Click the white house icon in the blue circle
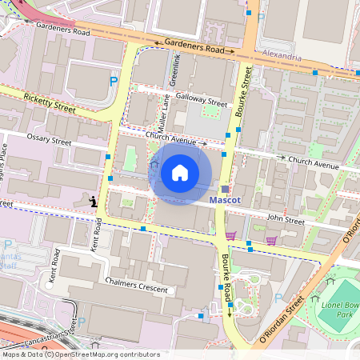pyautogui.click(x=180, y=172)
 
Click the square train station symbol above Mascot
pyautogui.click(x=225, y=189)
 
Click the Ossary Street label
pyautogui.click(x=49, y=138)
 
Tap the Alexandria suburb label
pyautogui.click(x=282, y=58)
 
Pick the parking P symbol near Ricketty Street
pyautogui.click(x=113, y=81)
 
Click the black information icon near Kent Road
pyautogui.click(x=94, y=202)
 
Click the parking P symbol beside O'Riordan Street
pyautogui.click(x=278, y=298)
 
